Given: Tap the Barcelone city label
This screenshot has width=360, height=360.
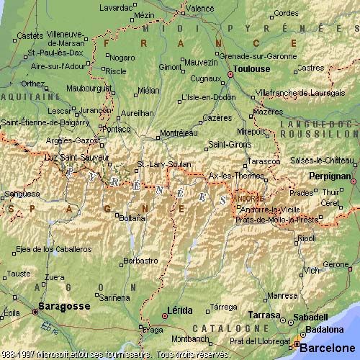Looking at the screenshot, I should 328,348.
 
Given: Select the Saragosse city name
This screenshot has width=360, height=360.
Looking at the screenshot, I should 65,306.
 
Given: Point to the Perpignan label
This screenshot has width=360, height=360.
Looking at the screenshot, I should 330,176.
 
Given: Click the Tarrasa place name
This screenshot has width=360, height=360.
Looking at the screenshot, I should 264,315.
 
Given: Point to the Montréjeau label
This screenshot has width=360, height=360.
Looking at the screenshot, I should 179,133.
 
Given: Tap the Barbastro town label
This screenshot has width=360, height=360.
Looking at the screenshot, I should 140,261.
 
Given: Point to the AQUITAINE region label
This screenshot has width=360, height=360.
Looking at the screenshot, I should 30,96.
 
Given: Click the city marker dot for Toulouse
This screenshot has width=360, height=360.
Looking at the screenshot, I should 231,74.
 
